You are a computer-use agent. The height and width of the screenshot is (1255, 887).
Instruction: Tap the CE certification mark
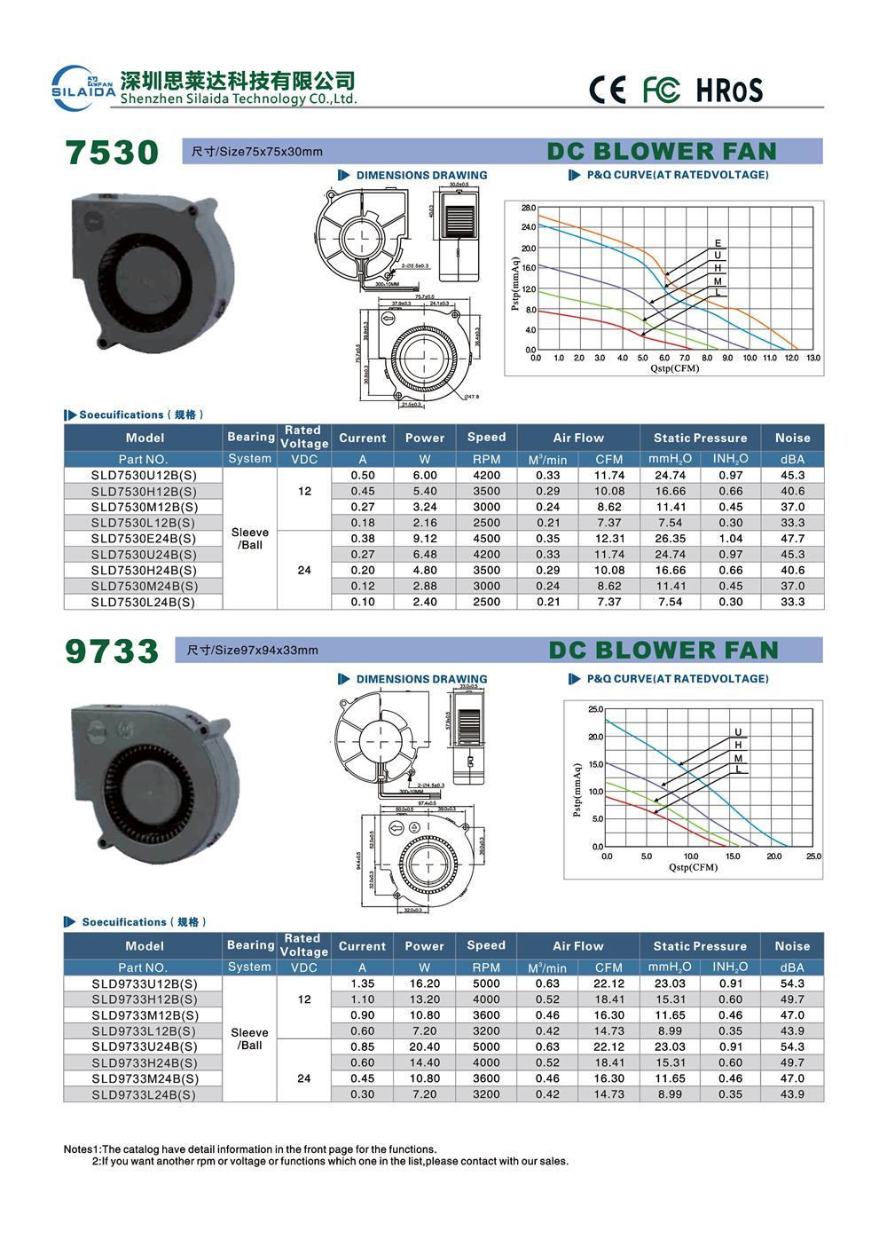click(608, 90)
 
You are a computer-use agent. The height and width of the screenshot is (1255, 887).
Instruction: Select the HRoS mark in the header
click(728, 90)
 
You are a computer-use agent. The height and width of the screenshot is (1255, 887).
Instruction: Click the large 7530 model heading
click(113, 153)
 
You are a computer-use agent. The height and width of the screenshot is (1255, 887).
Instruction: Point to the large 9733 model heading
click(113, 651)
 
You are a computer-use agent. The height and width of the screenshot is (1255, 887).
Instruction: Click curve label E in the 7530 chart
click(718, 243)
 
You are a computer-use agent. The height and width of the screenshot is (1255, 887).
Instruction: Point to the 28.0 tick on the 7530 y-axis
click(528, 208)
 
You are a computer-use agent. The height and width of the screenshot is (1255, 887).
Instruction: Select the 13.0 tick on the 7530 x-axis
click(812, 359)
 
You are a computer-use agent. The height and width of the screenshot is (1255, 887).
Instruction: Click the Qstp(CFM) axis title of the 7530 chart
click(674, 368)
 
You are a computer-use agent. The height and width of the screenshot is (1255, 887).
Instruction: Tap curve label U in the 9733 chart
click(737, 732)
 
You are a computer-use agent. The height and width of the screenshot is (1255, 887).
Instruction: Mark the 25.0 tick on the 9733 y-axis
click(594, 709)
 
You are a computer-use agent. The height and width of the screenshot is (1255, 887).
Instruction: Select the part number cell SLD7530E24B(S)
click(144, 539)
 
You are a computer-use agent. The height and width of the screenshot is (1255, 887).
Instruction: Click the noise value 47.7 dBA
click(792, 539)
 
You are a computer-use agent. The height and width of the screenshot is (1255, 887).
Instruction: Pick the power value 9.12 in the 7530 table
click(425, 539)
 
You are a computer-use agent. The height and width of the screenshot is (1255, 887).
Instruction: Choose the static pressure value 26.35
click(670, 539)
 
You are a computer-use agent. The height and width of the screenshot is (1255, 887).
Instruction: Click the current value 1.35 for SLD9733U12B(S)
click(362, 983)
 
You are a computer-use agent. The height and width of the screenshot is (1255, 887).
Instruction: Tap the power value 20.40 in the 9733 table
click(425, 1046)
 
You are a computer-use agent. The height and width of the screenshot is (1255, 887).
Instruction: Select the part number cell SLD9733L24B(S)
click(144, 1094)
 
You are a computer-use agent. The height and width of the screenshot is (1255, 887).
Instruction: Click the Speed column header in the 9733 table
click(486, 945)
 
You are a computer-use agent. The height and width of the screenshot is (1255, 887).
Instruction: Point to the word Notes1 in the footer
click(82, 1148)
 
